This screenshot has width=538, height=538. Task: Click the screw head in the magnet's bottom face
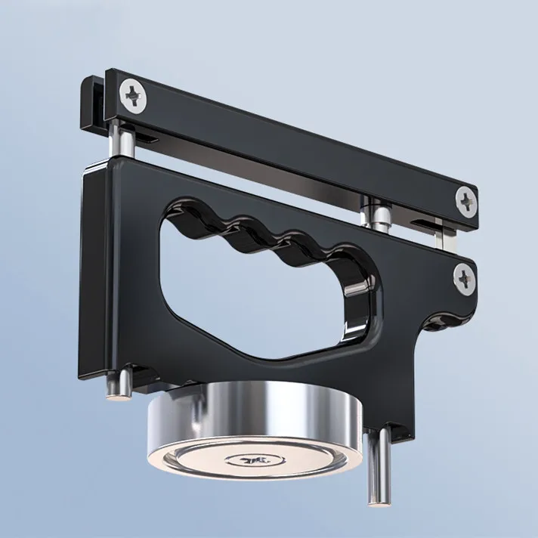pyautogui.click(x=247, y=458)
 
